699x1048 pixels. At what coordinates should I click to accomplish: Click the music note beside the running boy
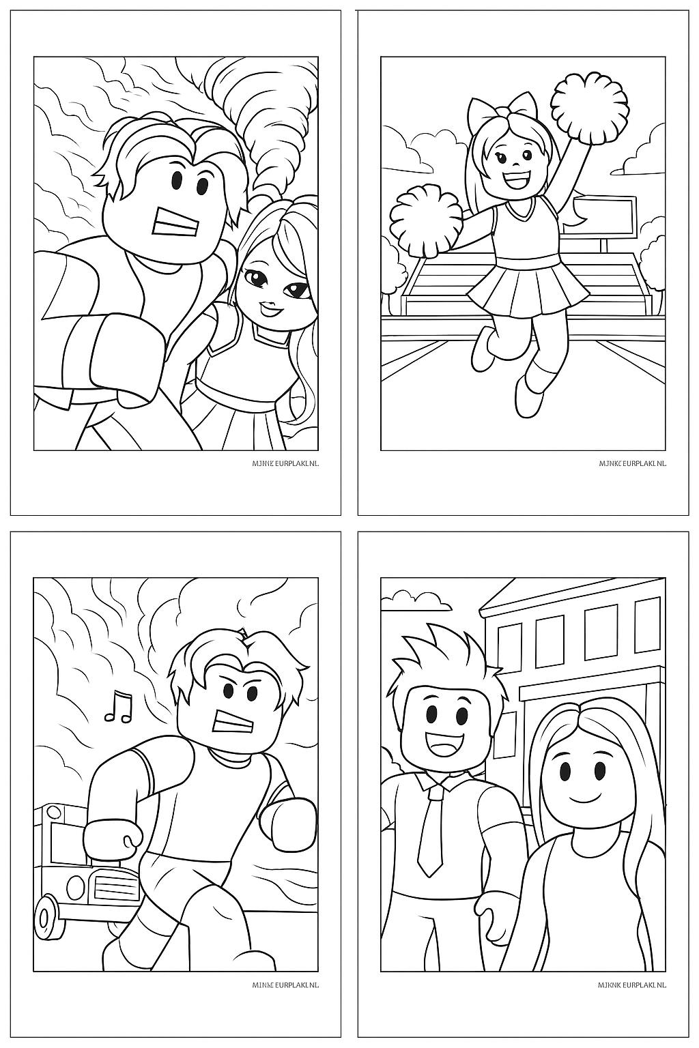pos(118,706)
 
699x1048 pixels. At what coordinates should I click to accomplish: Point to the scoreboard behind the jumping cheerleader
pos(605,216)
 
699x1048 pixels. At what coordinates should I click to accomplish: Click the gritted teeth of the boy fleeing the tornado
pos(176,222)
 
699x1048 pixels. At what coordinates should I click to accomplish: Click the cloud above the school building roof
pos(416,600)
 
